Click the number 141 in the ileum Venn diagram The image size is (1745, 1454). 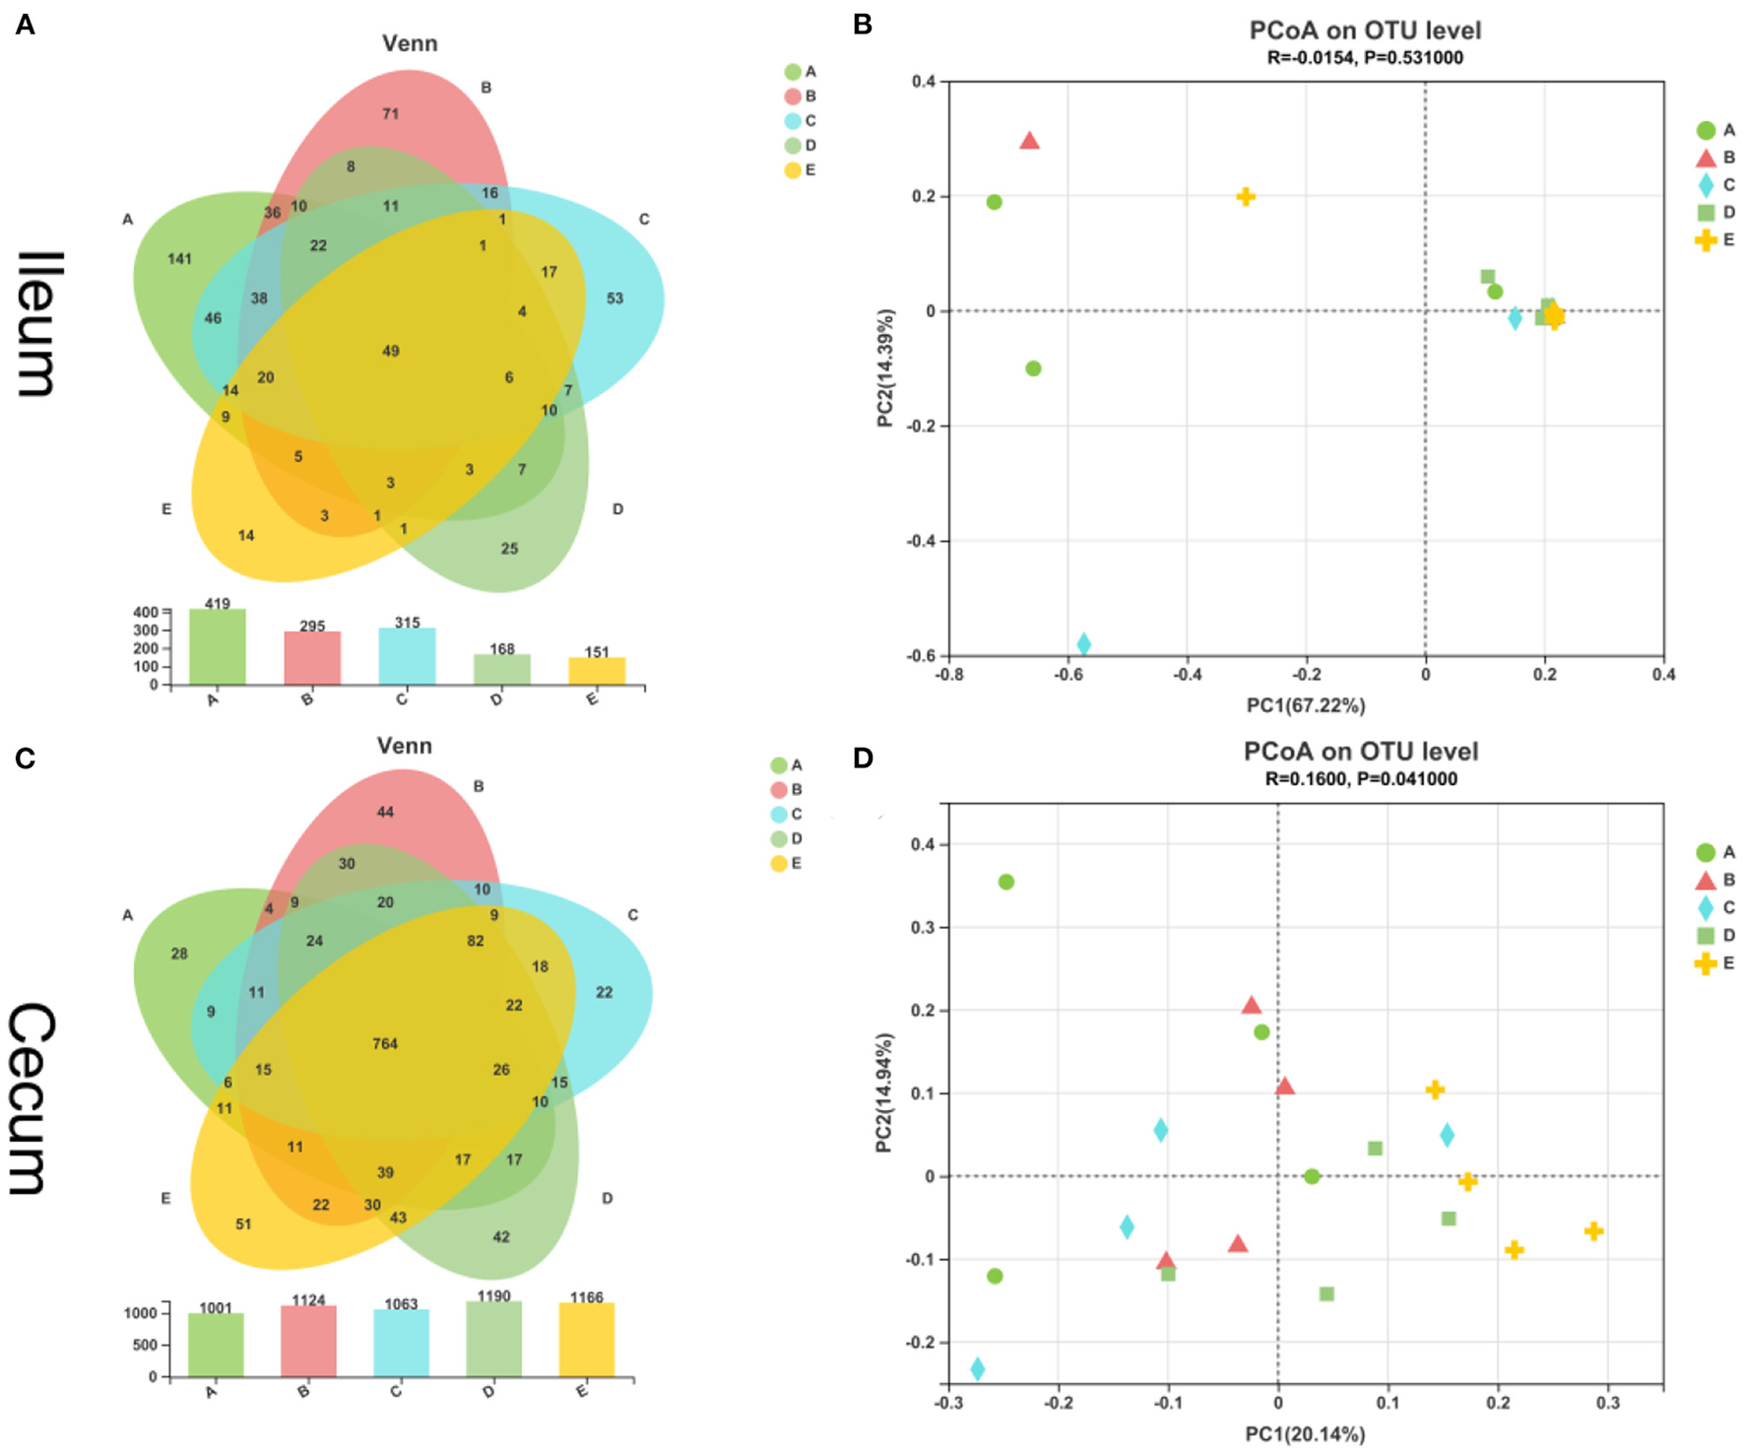(x=179, y=259)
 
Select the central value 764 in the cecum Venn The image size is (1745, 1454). (x=385, y=1044)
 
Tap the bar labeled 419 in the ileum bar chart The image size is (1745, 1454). (x=217, y=647)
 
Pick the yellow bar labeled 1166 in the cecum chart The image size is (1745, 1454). (x=586, y=1340)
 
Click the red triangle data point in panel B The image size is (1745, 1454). (x=1029, y=141)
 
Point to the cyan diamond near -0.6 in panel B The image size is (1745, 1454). (x=1083, y=644)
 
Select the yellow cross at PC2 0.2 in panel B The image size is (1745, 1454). (x=1246, y=197)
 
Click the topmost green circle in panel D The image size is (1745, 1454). (x=1005, y=882)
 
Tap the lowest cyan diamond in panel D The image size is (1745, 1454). (x=977, y=1368)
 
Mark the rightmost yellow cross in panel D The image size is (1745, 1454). (x=1593, y=1231)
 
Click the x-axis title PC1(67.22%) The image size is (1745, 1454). (x=1306, y=705)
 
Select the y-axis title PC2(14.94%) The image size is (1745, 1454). (x=884, y=1092)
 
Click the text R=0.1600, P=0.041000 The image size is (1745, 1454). (x=1361, y=779)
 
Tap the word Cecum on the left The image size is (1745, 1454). (x=33, y=1098)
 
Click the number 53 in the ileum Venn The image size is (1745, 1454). (x=614, y=298)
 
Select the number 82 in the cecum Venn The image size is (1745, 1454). (x=476, y=941)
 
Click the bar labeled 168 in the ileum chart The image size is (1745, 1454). (x=501, y=670)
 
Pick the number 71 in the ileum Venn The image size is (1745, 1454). (x=391, y=114)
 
